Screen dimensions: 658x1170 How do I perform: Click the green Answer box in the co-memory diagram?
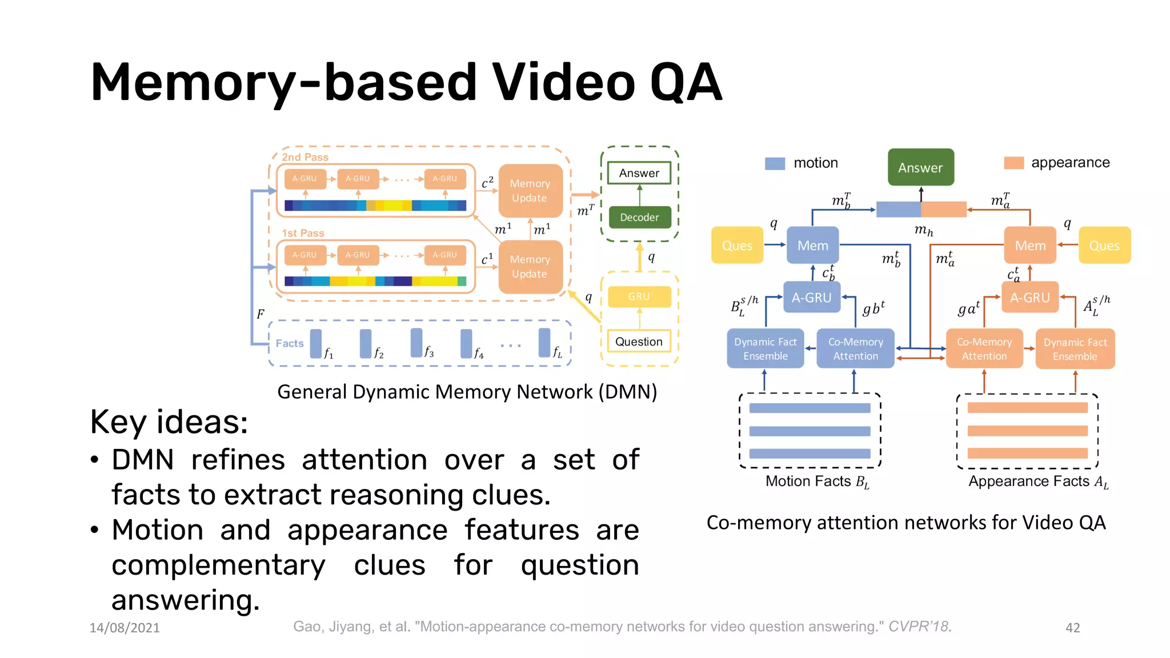coord(920,167)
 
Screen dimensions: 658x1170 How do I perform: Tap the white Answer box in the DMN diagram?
coord(639,173)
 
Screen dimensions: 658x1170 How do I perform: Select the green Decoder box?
coord(639,218)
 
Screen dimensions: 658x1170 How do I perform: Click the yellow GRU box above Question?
coord(639,296)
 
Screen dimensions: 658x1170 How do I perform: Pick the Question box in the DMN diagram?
coord(639,342)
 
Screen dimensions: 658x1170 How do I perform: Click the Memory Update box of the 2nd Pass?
coord(530,191)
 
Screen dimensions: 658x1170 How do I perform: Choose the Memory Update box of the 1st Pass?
coord(530,267)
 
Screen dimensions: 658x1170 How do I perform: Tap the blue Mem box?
coord(812,246)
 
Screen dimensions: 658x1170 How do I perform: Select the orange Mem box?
coord(1030,246)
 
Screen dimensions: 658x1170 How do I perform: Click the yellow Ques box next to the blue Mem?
coord(737,246)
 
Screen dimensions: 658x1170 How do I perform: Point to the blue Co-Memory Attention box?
coord(855,348)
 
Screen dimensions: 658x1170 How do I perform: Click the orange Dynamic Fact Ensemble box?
coord(1075,348)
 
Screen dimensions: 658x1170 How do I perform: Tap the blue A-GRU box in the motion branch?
coord(811,298)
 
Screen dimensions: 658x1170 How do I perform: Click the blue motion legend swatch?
coord(775,163)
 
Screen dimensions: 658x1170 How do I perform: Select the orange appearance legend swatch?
coord(1013,163)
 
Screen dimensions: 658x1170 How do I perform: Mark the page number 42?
coord(1072,628)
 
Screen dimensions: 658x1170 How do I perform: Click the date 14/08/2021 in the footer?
coord(125,628)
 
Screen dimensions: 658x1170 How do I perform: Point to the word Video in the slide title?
coord(563,83)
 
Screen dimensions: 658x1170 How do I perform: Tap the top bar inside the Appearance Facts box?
coord(1027,408)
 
